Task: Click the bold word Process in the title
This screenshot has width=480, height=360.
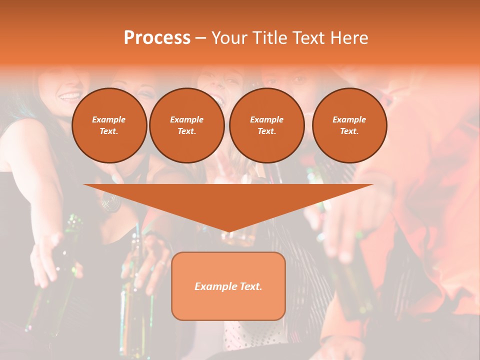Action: pyautogui.click(x=157, y=38)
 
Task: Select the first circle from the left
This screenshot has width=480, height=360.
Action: pyautogui.click(x=109, y=125)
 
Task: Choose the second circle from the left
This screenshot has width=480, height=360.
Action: pyautogui.click(x=186, y=125)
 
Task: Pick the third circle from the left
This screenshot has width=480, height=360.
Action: pyautogui.click(x=266, y=125)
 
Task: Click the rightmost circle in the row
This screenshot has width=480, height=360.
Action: pyautogui.click(x=349, y=125)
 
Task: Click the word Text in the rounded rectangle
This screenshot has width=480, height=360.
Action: pyautogui.click(x=250, y=286)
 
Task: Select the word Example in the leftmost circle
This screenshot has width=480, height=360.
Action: pyautogui.click(x=109, y=119)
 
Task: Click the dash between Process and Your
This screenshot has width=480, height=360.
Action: pyautogui.click(x=200, y=38)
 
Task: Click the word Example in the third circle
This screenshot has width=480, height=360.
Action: pyautogui.click(x=266, y=119)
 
